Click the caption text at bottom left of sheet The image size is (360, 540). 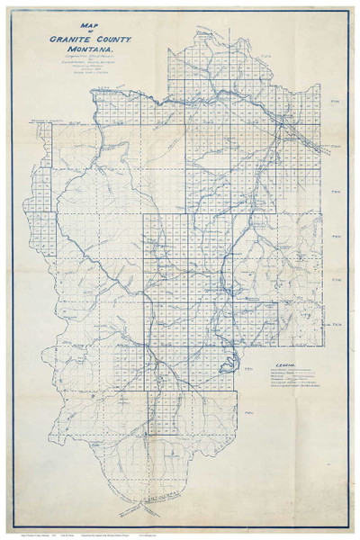[x=40, y=531]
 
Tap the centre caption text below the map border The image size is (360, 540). [x=180, y=531]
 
